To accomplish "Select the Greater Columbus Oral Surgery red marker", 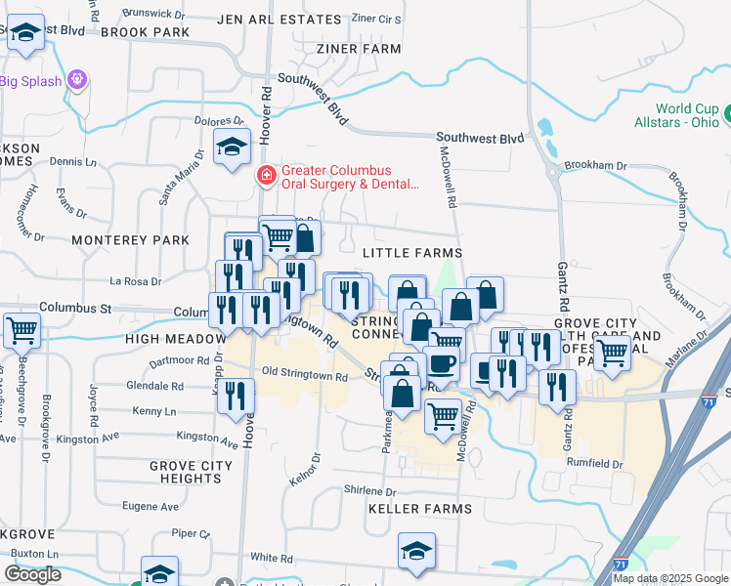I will click(x=265, y=177).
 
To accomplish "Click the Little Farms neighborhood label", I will click(x=411, y=253).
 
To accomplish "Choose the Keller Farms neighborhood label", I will click(x=419, y=509).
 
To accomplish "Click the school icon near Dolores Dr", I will click(x=233, y=148).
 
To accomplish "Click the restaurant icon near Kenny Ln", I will click(x=235, y=397).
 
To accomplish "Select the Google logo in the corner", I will click(x=32, y=574).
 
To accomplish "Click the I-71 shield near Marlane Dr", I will click(x=709, y=401).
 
